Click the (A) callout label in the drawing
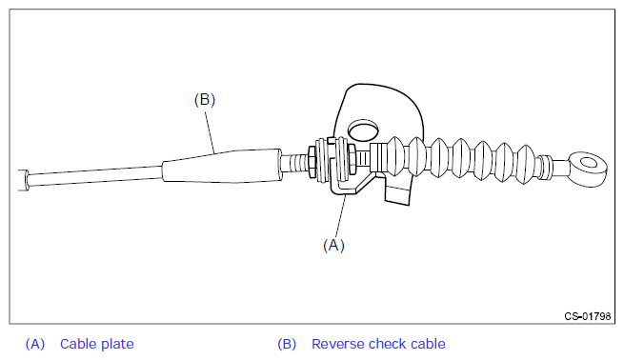(x=333, y=245)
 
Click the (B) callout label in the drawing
(x=205, y=99)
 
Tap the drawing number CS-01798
(x=588, y=316)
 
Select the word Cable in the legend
(x=77, y=344)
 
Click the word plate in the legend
(x=116, y=345)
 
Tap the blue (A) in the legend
(x=35, y=344)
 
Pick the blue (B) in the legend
(x=287, y=344)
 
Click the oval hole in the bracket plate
(x=363, y=130)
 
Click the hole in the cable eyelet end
(x=588, y=163)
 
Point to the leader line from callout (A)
(x=341, y=216)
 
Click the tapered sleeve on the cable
(x=222, y=166)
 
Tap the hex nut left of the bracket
(x=312, y=162)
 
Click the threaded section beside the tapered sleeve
(x=294, y=163)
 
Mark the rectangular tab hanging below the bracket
(x=397, y=193)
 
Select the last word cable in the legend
(x=428, y=344)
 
